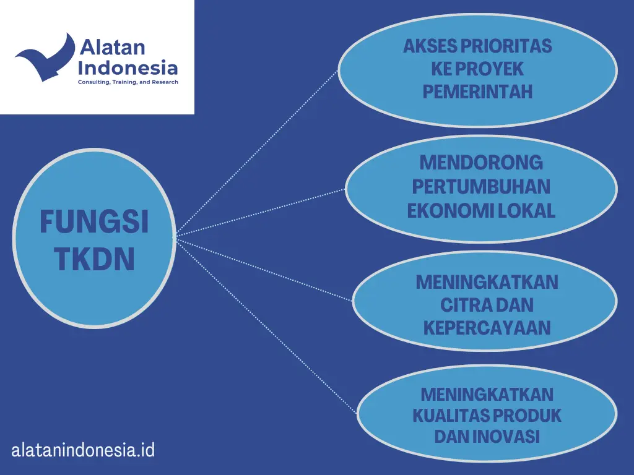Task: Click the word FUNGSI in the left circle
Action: coord(94,221)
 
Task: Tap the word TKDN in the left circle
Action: coord(94,259)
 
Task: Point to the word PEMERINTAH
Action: coord(477,92)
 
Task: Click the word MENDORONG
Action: coord(481,163)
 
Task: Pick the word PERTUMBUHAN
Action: coord(481,187)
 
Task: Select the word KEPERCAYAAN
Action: coord(487,328)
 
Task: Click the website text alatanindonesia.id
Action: coord(83,450)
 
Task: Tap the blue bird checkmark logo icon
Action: coord(45,57)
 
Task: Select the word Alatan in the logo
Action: coord(112,47)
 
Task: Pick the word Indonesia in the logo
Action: coord(128,67)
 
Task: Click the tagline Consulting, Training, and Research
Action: coord(128,82)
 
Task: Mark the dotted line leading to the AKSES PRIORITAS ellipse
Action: coord(257,153)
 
